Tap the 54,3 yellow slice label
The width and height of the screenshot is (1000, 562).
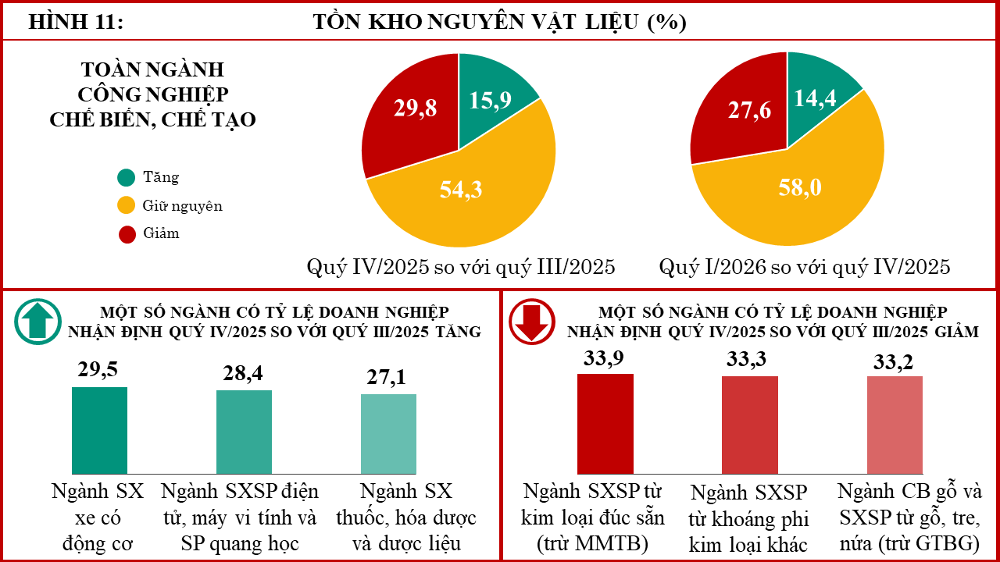pos(461,189)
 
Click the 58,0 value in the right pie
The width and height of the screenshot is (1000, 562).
pos(800,187)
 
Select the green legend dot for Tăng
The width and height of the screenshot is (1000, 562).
pos(127,177)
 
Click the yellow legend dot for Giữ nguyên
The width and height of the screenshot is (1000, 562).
pos(127,205)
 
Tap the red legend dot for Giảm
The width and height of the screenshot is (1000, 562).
pos(127,234)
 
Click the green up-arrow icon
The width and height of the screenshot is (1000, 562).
pos(37,322)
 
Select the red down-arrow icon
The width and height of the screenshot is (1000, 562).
pos(532,322)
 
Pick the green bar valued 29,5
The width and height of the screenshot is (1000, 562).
pos(99,430)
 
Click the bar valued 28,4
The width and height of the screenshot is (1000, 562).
pos(245,432)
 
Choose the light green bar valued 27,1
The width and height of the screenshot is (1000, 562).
pos(388,434)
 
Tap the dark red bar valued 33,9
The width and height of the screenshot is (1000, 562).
pos(605,424)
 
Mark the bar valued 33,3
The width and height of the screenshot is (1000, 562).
pos(750,425)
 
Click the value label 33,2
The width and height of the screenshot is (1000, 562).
pos(893,361)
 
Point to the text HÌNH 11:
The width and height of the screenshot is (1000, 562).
pos(76,22)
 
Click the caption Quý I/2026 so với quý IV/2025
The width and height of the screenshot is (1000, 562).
pos(805,267)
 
